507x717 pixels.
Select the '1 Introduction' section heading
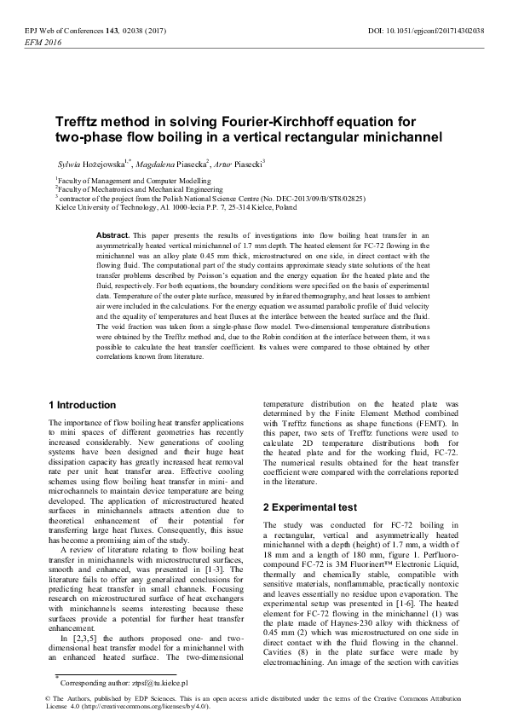[83, 404]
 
